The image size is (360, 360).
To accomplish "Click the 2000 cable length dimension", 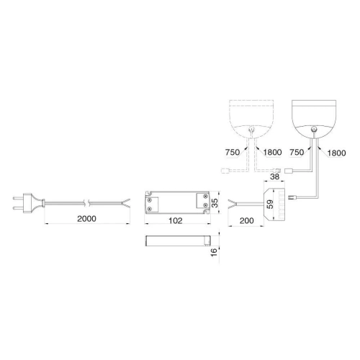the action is point(86,219).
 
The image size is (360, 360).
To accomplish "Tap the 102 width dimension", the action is point(176,220).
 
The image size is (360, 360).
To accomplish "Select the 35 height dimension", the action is point(215,203).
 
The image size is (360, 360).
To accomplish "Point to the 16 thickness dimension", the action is point(214,252).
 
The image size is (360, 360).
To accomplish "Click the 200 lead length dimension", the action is point(247,220).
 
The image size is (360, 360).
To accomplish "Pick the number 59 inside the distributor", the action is point(270,204).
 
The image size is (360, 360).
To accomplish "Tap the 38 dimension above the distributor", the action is point(275,176).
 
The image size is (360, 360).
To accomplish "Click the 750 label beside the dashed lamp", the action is point(233,152).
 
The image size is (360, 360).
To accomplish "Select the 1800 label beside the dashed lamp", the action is point(272,152).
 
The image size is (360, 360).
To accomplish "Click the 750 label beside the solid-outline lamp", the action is point(297,152).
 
